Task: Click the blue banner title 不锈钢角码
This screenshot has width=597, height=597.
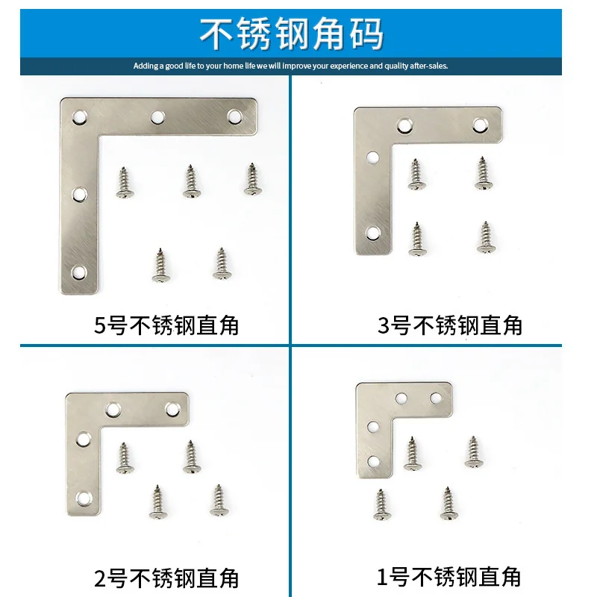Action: coord(292,34)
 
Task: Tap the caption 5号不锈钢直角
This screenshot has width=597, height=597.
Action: coord(166,325)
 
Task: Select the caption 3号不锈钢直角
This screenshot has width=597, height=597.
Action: coord(450,325)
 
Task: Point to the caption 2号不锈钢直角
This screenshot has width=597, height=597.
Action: coord(166,578)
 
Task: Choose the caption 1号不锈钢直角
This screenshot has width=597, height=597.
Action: coord(450,577)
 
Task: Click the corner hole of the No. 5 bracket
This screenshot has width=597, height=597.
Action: coord(78,117)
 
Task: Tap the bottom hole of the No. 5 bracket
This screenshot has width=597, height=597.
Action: coord(78,272)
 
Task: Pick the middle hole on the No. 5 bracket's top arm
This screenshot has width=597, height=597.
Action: coord(157,117)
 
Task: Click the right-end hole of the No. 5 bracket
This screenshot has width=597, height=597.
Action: coord(234,117)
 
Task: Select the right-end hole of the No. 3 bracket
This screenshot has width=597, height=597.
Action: coord(481,125)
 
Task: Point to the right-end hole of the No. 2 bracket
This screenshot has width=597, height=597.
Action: coord(172,410)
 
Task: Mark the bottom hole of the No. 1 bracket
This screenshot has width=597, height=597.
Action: coord(372,460)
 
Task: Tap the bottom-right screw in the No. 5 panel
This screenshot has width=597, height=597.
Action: coord(221,264)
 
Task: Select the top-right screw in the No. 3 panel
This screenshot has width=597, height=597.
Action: coord(484,173)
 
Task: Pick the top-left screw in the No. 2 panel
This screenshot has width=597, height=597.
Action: coord(124,458)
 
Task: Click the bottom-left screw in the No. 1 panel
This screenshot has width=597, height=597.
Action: coord(381,504)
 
